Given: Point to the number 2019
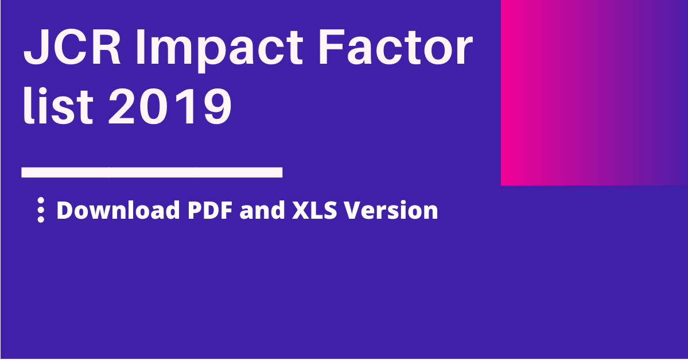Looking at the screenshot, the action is [170, 106].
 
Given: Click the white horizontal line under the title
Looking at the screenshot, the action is [152, 172].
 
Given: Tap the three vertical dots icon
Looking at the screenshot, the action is [41, 210].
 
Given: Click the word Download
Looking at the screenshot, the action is [118, 210].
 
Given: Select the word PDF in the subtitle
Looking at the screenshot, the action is [210, 210].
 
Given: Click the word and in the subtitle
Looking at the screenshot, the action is [262, 210].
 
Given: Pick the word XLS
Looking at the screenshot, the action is [314, 210].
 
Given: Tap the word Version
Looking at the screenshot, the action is [391, 210].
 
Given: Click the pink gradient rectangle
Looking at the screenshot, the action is [594, 92].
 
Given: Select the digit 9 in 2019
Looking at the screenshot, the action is [217, 106].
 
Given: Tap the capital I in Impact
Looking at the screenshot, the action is [141, 48].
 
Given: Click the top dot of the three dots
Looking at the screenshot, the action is [41, 200].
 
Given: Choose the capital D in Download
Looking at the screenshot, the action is [65, 210].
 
